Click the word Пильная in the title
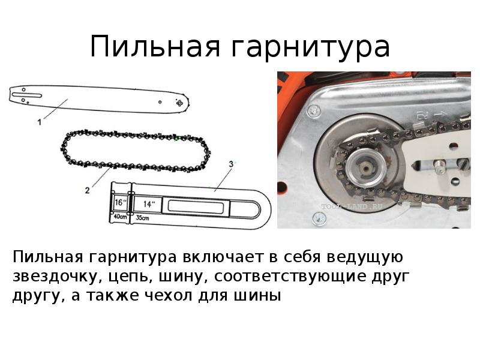pyautogui.click(x=155, y=46)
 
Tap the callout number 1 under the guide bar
pyautogui.click(x=39, y=122)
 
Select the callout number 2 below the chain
pyautogui.click(x=87, y=190)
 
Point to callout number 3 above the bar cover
pyautogui.click(x=231, y=164)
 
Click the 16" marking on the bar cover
pyautogui.click(x=121, y=202)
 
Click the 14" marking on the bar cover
pyautogui.click(x=148, y=204)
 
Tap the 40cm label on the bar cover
pyautogui.click(x=121, y=217)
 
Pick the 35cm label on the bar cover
pyautogui.click(x=142, y=218)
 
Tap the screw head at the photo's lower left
pyautogui.click(x=319, y=218)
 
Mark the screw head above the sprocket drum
pyautogui.click(x=314, y=110)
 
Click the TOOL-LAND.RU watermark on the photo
pyautogui.click(x=352, y=206)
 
